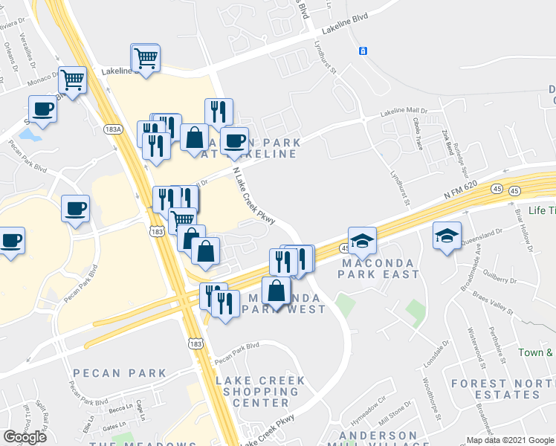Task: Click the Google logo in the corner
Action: (25, 437)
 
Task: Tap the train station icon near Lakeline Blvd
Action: (363, 51)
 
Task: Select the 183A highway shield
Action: (113, 129)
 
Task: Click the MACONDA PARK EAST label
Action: (380, 268)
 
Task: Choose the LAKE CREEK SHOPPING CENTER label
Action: (260, 392)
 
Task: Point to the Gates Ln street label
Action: (114, 427)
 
